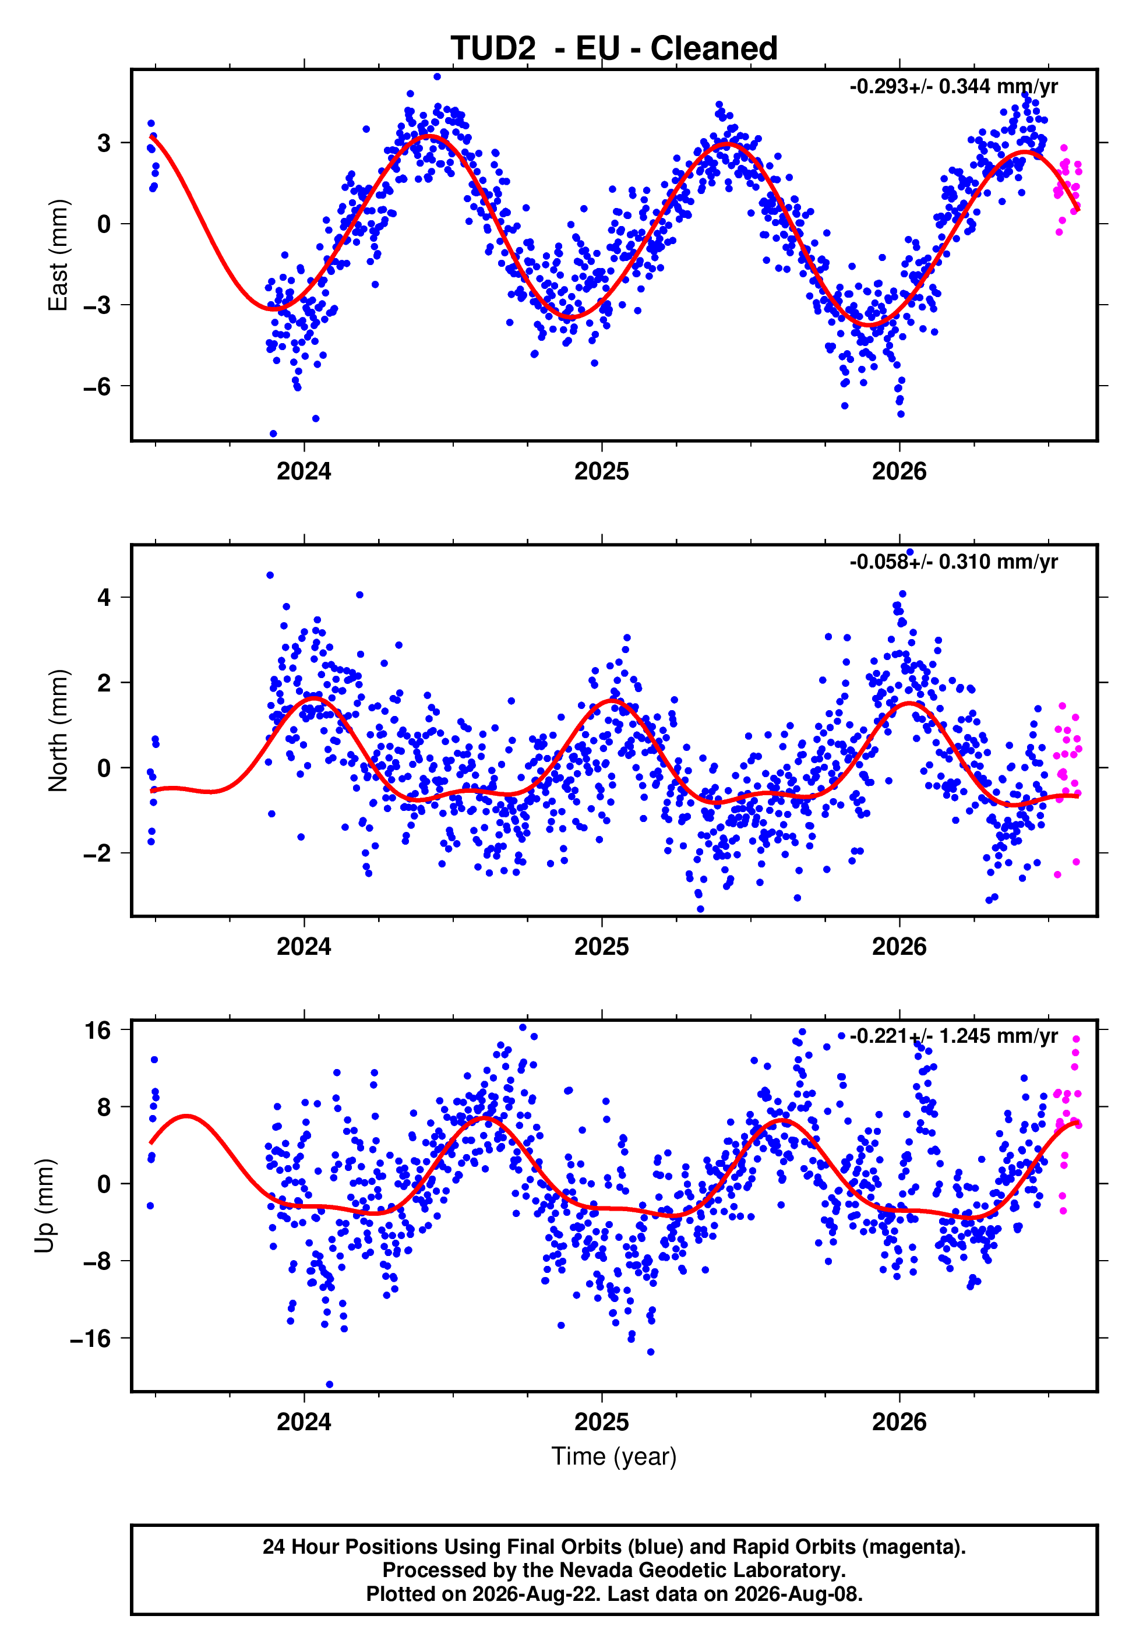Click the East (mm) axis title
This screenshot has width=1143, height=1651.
58,255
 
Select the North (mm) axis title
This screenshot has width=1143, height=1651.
58,731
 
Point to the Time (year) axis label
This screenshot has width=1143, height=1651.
614,1456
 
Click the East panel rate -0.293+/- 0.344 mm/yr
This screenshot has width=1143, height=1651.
953,87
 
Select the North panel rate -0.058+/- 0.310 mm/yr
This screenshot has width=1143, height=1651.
953,562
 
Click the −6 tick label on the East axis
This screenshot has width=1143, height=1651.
97,387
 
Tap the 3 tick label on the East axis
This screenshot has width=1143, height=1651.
104,143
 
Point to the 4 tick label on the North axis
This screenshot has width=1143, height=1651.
104,597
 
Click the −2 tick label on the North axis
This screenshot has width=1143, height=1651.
97,853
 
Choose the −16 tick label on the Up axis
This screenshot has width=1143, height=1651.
91,1338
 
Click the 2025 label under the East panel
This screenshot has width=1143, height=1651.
602,471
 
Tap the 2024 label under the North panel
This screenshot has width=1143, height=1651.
304,947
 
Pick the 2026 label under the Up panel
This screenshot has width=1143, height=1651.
899,1422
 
